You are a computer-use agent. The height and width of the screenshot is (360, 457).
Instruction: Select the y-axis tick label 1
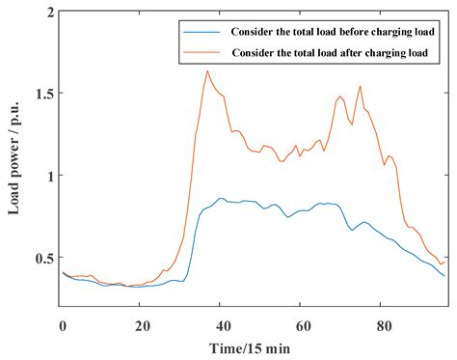[x=48, y=176]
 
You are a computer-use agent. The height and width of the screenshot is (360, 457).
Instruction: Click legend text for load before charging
[x=328, y=30]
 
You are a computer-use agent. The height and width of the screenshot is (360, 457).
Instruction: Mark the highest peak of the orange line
[x=206, y=70]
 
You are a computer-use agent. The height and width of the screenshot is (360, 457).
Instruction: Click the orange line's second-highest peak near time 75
[x=361, y=86]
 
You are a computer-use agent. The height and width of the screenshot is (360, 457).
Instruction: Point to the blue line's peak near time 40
[x=222, y=198]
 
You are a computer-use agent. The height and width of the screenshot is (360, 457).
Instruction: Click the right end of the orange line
[x=444, y=262]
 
